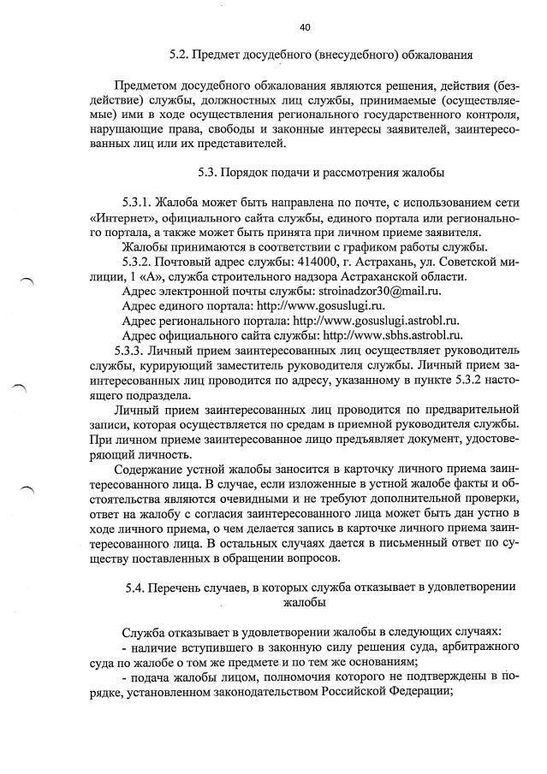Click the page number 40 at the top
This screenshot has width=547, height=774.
(305, 27)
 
